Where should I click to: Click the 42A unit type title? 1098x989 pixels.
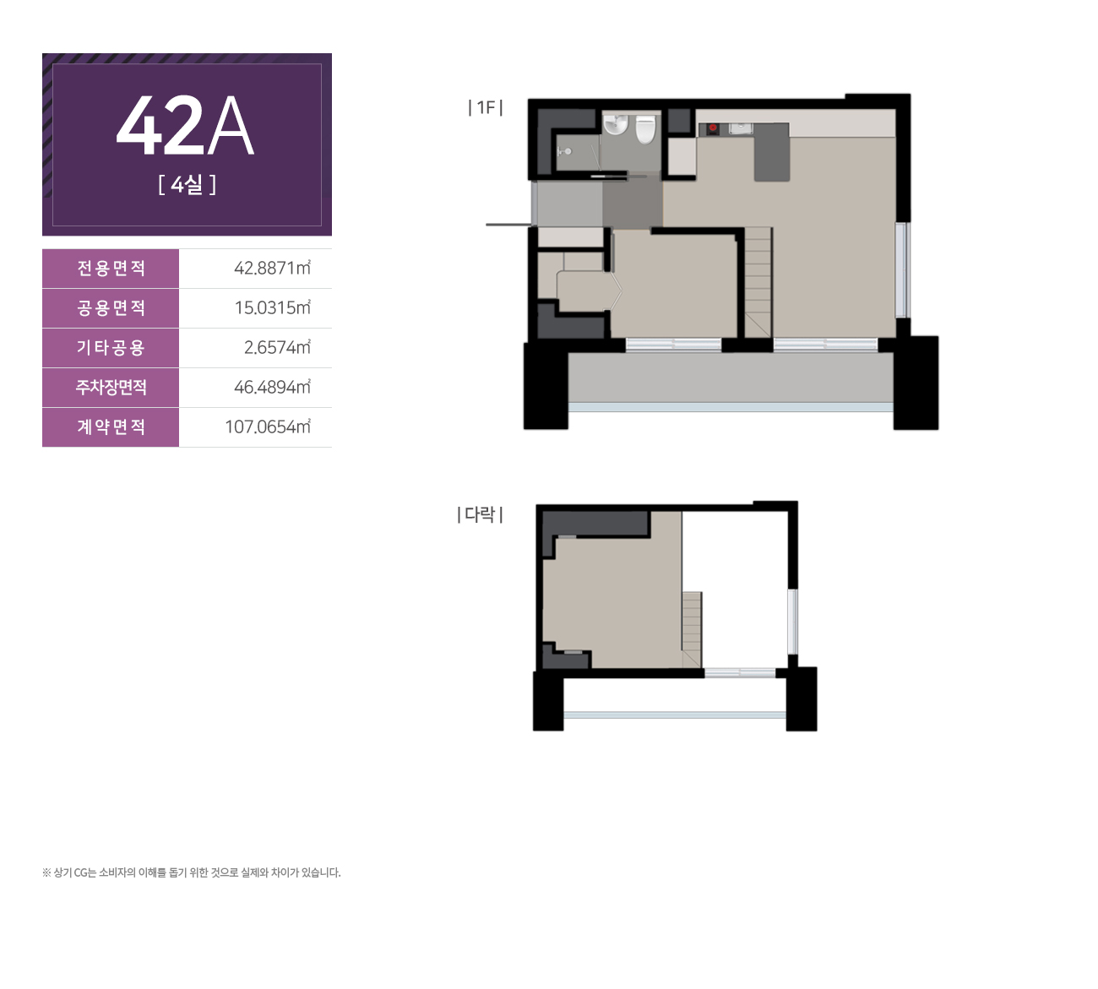(185, 127)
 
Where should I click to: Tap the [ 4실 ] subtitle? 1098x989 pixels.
(188, 184)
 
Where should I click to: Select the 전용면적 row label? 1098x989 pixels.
(111, 269)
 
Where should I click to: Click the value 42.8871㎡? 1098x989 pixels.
(272, 268)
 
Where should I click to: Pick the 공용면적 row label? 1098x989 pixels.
(111, 308)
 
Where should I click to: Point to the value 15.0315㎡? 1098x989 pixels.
(273, 307)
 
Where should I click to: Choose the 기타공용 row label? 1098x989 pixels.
(111, 348)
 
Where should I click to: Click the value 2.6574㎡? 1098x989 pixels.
(278, 347)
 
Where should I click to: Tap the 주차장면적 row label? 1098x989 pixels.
(111, 388)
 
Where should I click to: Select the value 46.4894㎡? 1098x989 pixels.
(272, 387)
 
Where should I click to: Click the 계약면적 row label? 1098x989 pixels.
(111, 427)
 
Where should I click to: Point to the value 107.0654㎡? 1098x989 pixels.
(268, 427)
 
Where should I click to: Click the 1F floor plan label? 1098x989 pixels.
(486, 107)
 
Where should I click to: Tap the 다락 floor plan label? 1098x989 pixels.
(480, 514)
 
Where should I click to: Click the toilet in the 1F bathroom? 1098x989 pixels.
(645, 129)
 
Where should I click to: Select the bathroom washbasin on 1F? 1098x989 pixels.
(616, 125)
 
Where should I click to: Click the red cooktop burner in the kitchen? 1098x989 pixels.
(713, 128)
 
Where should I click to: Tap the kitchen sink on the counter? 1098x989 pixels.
(741, 129)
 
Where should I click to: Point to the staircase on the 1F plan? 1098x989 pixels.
(758, 282)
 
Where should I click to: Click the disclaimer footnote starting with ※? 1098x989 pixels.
(192, 872)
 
